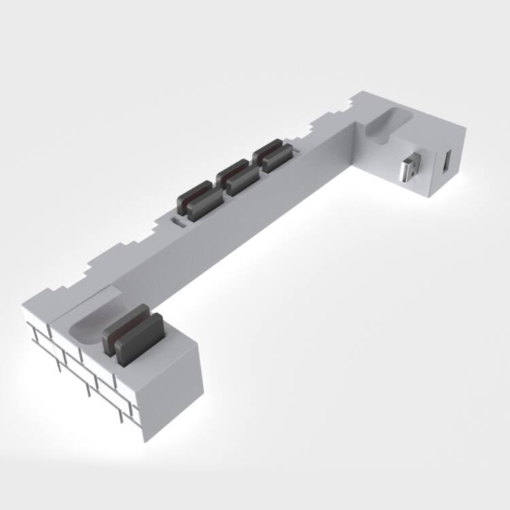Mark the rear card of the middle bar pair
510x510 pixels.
pos(232,170)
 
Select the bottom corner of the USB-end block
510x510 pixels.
pos(430,198)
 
